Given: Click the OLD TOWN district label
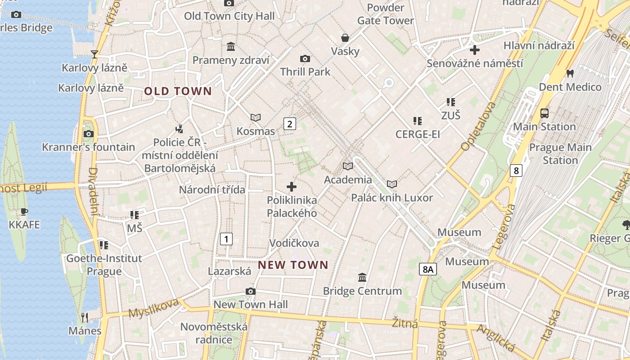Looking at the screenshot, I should tap(178, 91).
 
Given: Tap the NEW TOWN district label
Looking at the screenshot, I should tap(293, 265).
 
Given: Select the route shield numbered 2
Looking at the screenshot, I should tap(289, 124).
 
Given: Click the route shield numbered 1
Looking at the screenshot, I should tap(226, 239).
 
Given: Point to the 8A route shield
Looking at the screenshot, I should tap(427, 269).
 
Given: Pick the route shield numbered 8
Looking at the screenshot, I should tap(516, 171).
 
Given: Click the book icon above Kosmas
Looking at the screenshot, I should tap(256, 117).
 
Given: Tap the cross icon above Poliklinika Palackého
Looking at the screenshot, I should tap(292, 186).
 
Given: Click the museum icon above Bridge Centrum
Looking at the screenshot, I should tap(362, 277).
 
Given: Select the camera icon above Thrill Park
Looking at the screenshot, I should tap(305, 58).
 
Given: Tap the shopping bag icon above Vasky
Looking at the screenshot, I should tap(345, 38).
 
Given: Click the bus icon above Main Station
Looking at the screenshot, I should tap(544, 113).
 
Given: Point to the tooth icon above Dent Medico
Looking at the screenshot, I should tap(570, 73).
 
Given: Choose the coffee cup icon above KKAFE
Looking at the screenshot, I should tap(24, 211).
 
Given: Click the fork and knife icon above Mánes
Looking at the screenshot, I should tap(85, 317).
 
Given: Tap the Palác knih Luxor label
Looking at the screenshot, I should tap(392, 198).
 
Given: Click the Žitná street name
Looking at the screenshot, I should tap(405, 323).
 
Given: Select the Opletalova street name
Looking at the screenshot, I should tap(478, 126).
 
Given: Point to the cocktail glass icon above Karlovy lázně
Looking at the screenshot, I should tap(94, 54).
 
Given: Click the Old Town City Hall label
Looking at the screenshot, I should tap(229, 16).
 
